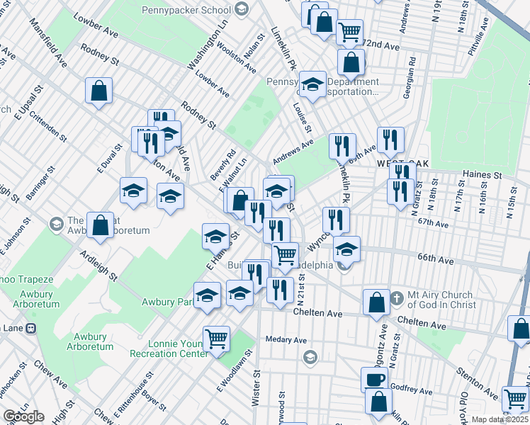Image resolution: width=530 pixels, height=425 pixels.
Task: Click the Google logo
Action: pos(23,416)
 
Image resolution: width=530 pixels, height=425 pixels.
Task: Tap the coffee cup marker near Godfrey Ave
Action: pos(373,379)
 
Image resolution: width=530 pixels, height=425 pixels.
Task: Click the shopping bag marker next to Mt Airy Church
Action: pos(376,301)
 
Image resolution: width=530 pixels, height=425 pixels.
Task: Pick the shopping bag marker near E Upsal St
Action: pos(98,90)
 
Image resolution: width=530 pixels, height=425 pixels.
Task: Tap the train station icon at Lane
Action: pos(31,329)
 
